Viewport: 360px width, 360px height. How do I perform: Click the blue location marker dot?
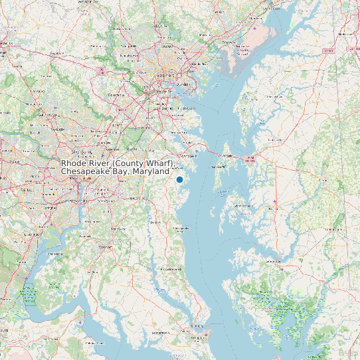(179, 179)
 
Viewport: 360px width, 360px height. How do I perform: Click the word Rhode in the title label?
(74, 163)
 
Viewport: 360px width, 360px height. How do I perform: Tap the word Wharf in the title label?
(160, 163)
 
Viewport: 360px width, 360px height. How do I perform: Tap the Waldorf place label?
(105, 246)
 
